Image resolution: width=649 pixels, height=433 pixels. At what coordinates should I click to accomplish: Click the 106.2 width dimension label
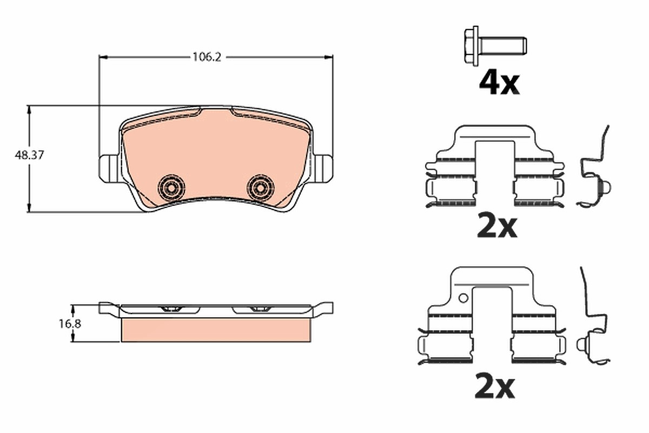coord(207,57)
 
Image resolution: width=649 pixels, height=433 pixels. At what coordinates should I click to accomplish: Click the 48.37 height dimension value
coord(29,155)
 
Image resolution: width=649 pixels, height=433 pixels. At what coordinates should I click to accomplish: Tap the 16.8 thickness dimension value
coord(70,324)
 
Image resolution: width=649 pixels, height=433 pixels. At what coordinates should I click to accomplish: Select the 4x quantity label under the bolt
coord(499,83)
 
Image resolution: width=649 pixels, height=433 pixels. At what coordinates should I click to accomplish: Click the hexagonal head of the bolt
coord(472,46)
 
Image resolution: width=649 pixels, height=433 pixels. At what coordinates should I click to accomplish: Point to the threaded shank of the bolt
coord(502,46)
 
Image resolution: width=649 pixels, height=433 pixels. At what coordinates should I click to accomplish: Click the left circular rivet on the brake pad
coord(171,188)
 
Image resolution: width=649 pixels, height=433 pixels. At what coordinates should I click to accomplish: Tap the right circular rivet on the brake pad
coord(260,188)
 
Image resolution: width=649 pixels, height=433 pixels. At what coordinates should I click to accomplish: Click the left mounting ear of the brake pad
coord(109,169)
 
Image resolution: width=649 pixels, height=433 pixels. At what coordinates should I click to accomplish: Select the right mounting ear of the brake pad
coord(323,169)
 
